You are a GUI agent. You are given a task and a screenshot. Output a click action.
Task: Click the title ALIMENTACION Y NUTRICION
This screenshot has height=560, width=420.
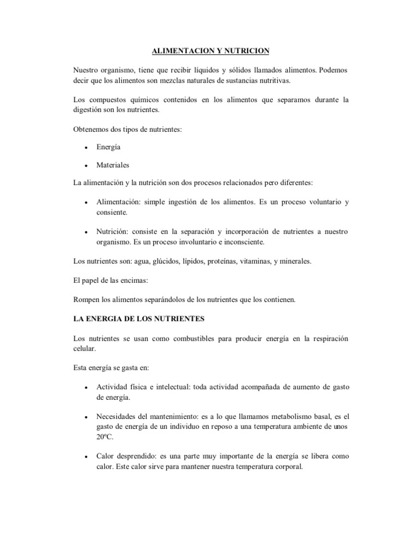210,51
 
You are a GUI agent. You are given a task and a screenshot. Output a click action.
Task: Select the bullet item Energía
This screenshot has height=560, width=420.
108,147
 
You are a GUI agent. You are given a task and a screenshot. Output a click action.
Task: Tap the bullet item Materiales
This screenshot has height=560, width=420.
113,165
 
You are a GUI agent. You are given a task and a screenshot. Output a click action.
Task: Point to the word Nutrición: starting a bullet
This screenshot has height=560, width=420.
113,232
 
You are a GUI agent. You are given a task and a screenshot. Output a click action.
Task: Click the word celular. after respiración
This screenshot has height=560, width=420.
84,348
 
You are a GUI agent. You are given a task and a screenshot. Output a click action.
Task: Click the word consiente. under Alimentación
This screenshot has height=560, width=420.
112,212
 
